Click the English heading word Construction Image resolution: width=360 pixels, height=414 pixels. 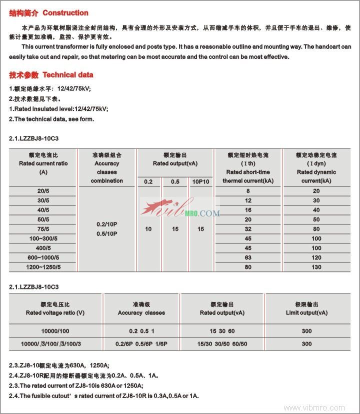pos(65,12)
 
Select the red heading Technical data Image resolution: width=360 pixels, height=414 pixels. pos(68,75)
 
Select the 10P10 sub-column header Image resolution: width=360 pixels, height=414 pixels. pos(200,181)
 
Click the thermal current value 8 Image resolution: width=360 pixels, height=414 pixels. pos(248,191)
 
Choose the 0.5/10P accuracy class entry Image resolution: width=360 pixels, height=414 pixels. pos(107,233)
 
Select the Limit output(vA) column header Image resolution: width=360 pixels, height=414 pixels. pos(307,313)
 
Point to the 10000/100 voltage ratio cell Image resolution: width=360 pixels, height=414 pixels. pos(55,331)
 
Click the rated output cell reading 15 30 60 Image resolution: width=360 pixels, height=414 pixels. pos(222,331)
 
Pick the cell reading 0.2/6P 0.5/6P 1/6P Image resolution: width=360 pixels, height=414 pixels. pos(141,343)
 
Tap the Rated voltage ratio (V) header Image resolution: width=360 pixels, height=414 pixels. pos(55,313)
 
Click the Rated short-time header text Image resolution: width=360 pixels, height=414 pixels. pos(248,172)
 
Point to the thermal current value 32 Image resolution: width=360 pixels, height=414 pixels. pos(248,228)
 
